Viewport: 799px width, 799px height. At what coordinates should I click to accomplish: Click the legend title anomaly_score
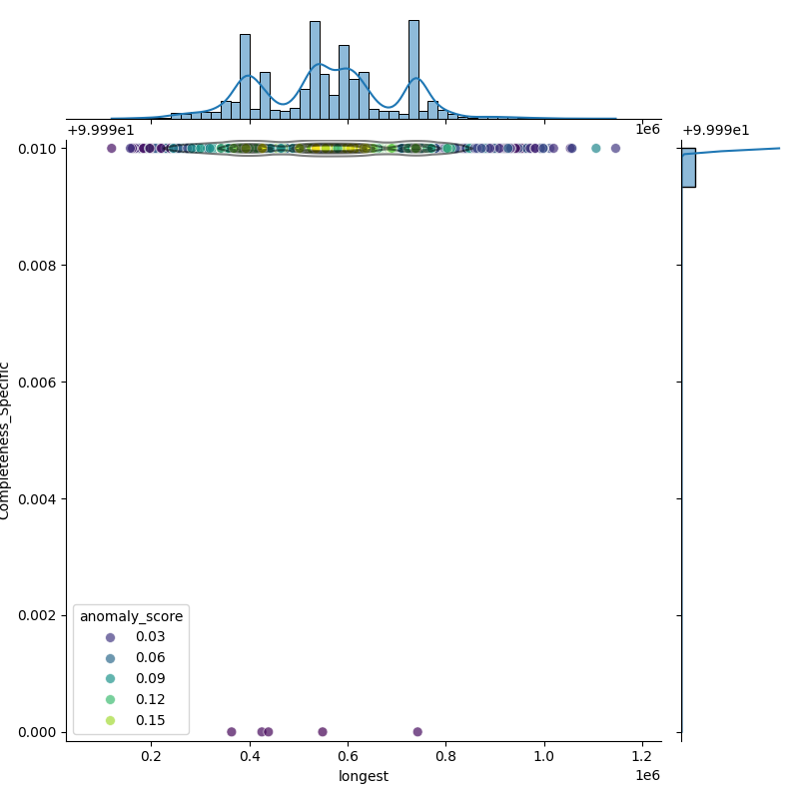(131, 616)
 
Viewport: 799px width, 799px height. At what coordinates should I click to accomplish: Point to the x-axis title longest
(364, 777)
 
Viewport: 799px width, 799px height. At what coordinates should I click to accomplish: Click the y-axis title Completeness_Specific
(5, 440)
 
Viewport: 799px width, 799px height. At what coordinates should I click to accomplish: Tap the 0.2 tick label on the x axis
(151, 757)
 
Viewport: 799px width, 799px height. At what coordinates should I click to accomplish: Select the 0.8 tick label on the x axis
(446, 757)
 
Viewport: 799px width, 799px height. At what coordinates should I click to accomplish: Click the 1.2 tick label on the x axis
(643, 757)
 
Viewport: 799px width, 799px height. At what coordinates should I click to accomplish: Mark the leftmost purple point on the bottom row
(232, 732)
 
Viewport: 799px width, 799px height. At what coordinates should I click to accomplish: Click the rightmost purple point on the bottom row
(417, 732)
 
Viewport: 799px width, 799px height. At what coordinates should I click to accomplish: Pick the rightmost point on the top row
(615, 149)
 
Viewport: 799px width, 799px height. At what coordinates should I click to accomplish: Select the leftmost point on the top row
(111, 149)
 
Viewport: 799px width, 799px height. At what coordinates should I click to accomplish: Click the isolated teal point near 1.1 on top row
(596, 149)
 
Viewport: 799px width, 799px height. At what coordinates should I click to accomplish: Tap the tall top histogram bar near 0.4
(245, 77)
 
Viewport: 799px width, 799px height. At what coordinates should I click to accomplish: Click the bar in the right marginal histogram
(688, 167)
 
